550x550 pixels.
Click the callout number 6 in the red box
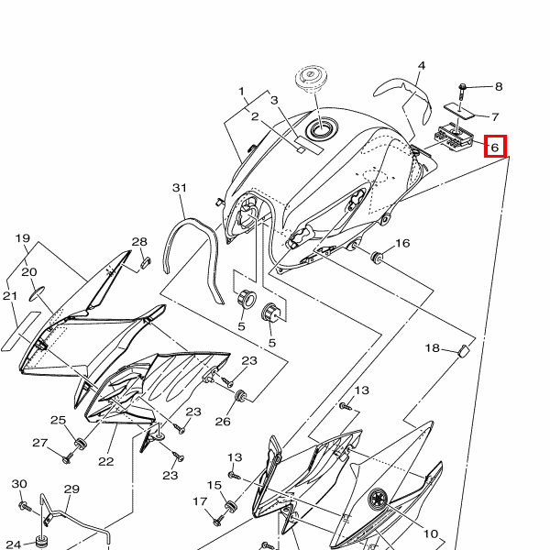tap(495, 148)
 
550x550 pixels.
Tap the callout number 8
tap(499, 87)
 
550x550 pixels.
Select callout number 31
tap(180, 188)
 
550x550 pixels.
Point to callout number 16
tap(402, 243)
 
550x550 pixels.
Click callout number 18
tap(432, 348)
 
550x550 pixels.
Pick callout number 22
tap(106, 461)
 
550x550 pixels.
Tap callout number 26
tap(223, 422)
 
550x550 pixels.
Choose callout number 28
tap(139, 242)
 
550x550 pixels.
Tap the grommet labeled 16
tap(377, 257)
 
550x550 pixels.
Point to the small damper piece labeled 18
tap(465, 351)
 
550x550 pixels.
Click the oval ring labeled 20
tap(37, 293)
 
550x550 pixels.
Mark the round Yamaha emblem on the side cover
tap(378, 498)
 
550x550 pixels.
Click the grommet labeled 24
tap(42, 541)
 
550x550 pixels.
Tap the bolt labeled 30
tap(25, 506)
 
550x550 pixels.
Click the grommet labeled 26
tap(241, 395)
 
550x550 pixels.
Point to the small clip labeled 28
tap(145, 263)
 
